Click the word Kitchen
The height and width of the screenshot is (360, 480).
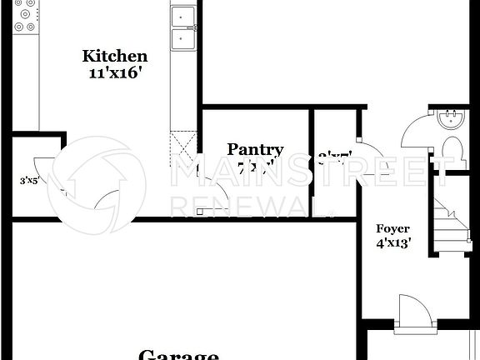[115, 56]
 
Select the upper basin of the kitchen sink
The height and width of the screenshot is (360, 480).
[182, 16]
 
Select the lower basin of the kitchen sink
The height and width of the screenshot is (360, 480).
[182, 37]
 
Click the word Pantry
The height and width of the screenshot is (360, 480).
[255, 150]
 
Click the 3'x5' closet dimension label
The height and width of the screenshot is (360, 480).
[31, 179]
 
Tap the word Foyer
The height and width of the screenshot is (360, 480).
[392, 228]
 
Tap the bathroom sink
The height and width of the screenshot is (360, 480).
[450, 118]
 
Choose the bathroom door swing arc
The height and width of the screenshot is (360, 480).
[413, 133]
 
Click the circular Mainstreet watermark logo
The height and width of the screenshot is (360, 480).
[102, 183]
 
